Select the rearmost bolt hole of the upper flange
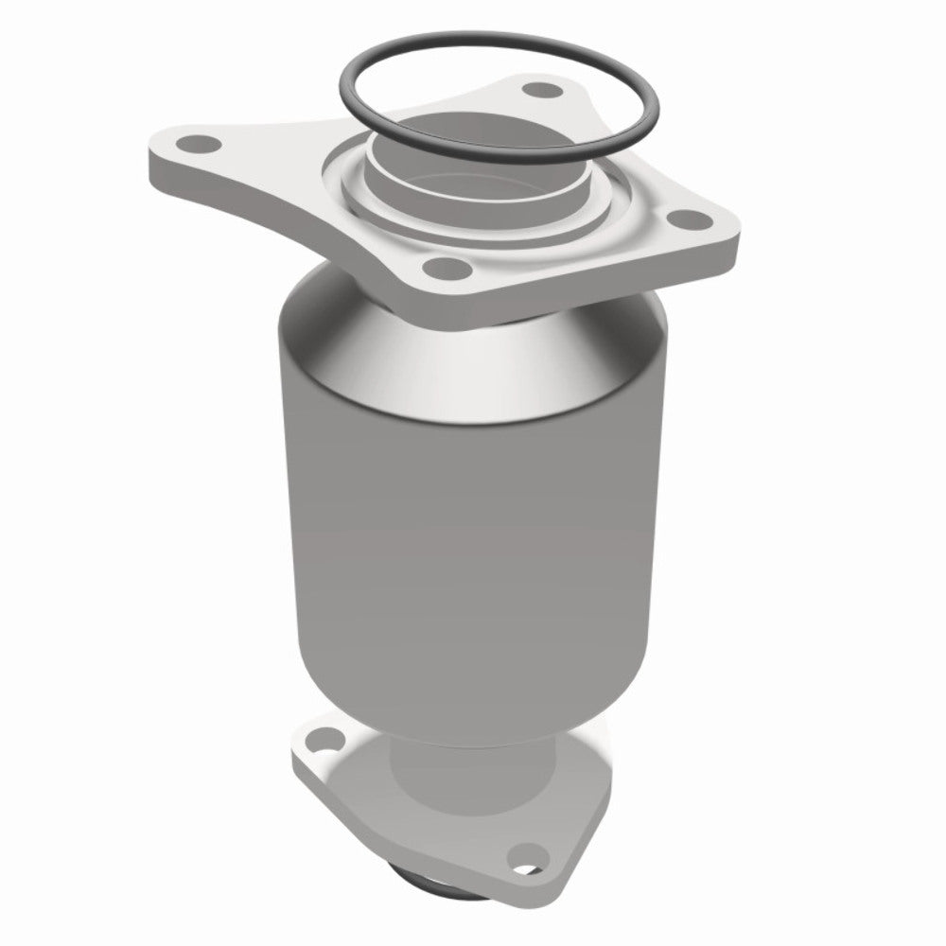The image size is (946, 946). click(x=540, y=92)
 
